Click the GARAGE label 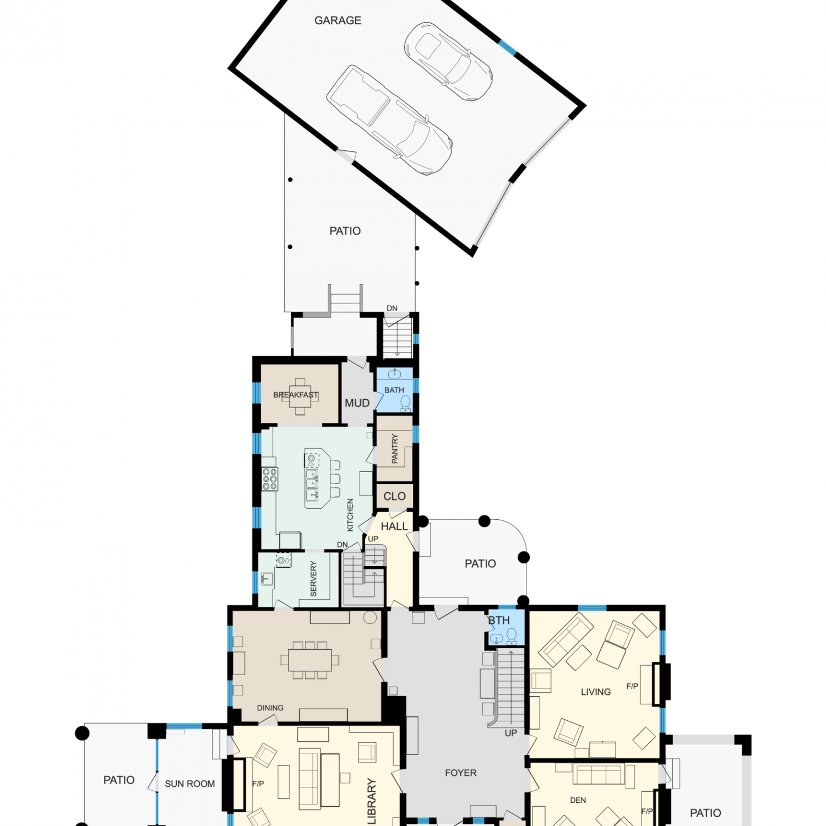pos(338,20)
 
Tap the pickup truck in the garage pos(389,120)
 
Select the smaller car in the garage pos(448,61)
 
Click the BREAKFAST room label pos(296,395)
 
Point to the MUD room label pos(357,403)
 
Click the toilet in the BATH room pos(406,404)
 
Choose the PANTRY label pos(394,448)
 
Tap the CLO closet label pos(394,496)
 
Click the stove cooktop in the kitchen pos(269,479)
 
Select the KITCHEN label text pos(350,515)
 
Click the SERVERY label pos(313,579)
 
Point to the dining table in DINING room pos(310,660)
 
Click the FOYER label pos(460,773)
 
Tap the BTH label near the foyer pos(499,621)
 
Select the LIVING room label pos(596,692)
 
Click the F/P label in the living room pos(632,686)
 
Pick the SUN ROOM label pos(190,784)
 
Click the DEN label pos(578,800)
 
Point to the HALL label pos(394,526)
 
